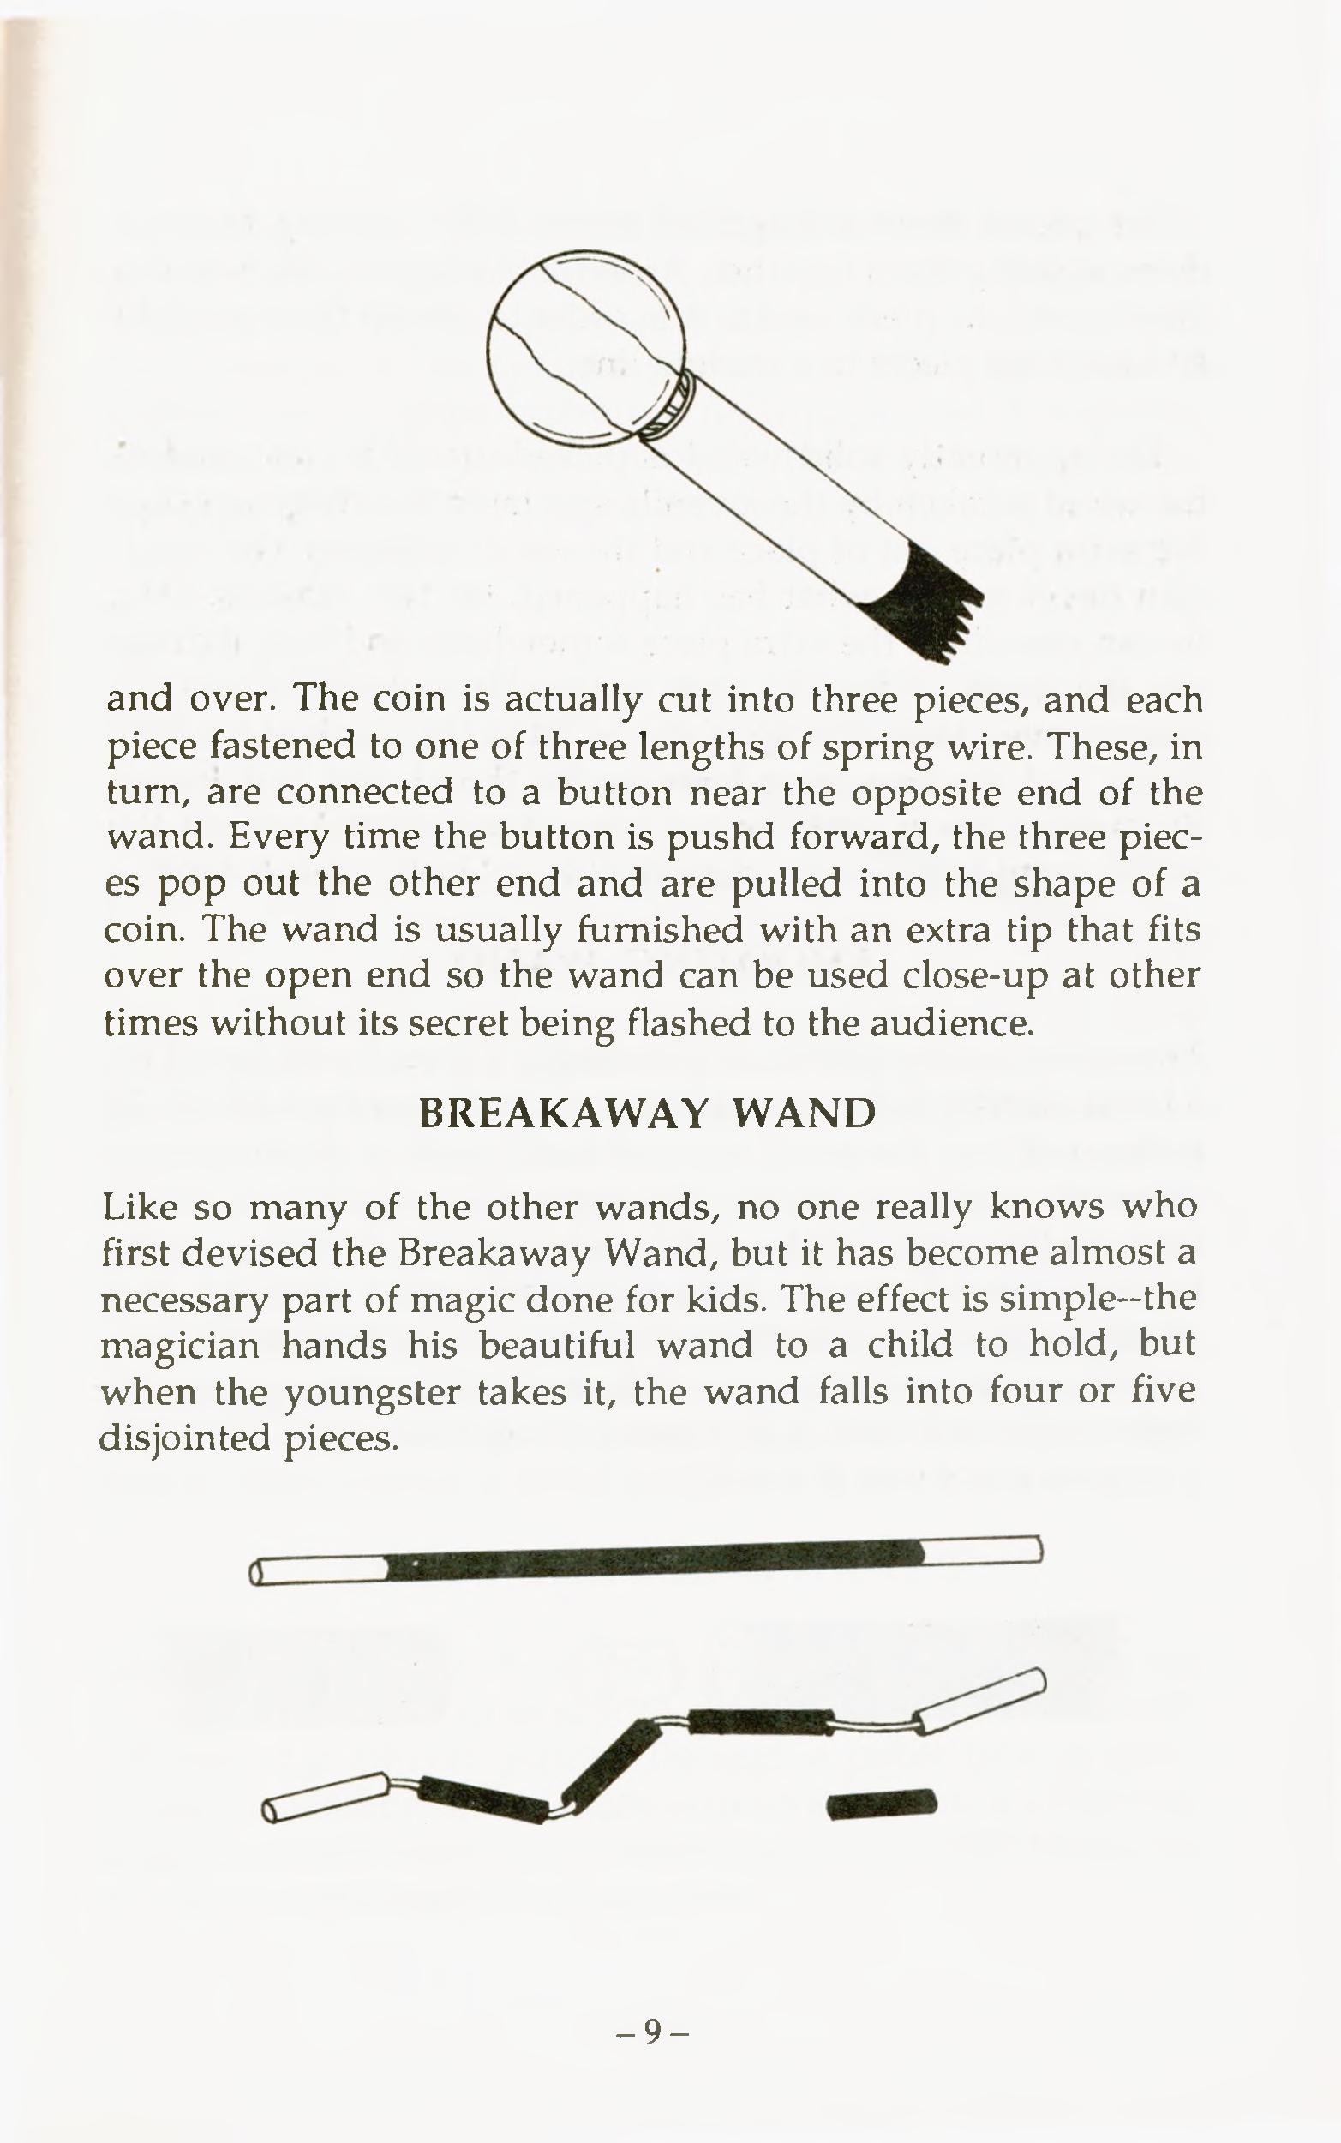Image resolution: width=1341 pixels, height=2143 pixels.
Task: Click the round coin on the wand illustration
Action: point(586,350)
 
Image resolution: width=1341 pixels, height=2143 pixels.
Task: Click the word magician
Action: point(180,1346)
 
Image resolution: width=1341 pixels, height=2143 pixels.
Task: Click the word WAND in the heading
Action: point(803,1113)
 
